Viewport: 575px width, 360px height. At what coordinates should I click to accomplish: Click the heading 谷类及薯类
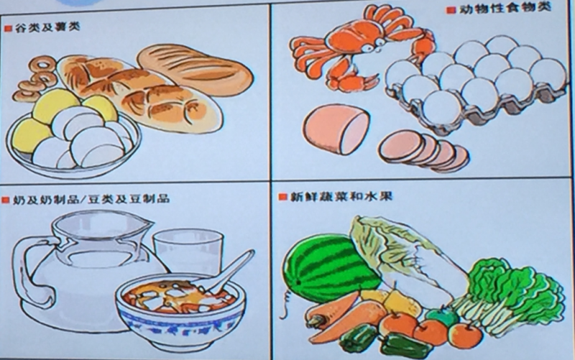[x=47, y=27]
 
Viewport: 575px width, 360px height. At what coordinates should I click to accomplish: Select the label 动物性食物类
[x=505, y=9]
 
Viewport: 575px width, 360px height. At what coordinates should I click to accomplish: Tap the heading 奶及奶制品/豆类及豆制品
[x=91, y=199]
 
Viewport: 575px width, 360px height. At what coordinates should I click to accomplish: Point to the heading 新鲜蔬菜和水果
[x=341, y=196]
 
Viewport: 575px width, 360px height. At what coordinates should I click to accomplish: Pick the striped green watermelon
[x=331, y=268]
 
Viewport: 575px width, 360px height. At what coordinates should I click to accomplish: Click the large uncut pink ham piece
[x=336, y=129]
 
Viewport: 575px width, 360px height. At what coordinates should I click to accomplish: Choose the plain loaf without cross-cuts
[x=195, y=70]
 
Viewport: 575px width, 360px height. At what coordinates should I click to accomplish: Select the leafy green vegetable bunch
[x=510, y=293]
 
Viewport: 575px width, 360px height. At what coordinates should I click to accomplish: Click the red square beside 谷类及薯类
[x=8, y=28]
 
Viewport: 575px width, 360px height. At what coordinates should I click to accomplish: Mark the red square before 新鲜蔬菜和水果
[x=282, y=197]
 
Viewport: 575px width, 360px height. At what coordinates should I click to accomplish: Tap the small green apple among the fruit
[x=443, y=316]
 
